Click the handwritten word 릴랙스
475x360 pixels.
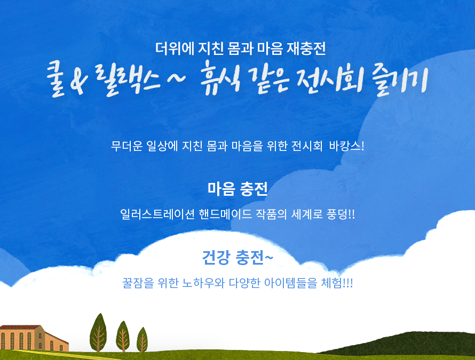click(x=128, y=79)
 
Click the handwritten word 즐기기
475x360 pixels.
click(x=400, y=80)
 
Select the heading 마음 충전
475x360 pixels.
click(x=237, y=189)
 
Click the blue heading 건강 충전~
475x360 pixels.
click(x=237, y=258)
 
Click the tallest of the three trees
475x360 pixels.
click(x=98, y=332)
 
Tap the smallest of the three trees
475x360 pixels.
click(x=142, y=340)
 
